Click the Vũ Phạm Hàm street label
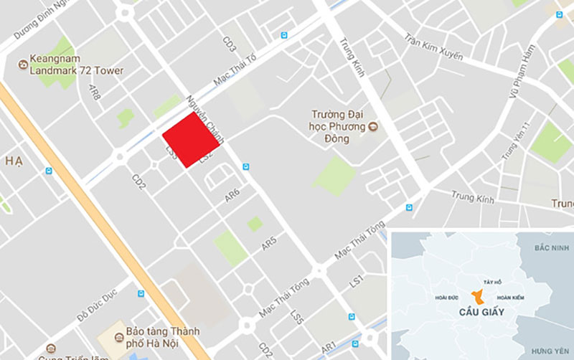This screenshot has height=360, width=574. [522, 72]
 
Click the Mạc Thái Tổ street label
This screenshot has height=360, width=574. [234, 80]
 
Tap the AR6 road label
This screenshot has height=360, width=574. [232, 194]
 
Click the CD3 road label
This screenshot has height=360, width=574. [230, 44]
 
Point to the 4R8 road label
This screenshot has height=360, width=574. [93, 92]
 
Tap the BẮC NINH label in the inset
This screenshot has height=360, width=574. [550, 247]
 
